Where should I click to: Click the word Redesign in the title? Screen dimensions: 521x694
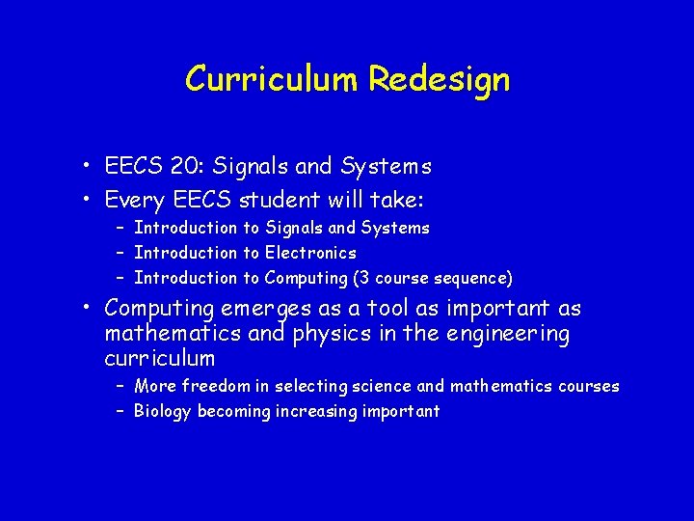[x=439, y=79]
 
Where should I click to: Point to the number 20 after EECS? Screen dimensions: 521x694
[x=180, y=167]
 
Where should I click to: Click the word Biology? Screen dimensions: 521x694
[x=163, y=412]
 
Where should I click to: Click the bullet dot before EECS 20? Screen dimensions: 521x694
[x=87, y=167]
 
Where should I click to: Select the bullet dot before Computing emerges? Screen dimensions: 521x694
[x=87, y=309]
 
